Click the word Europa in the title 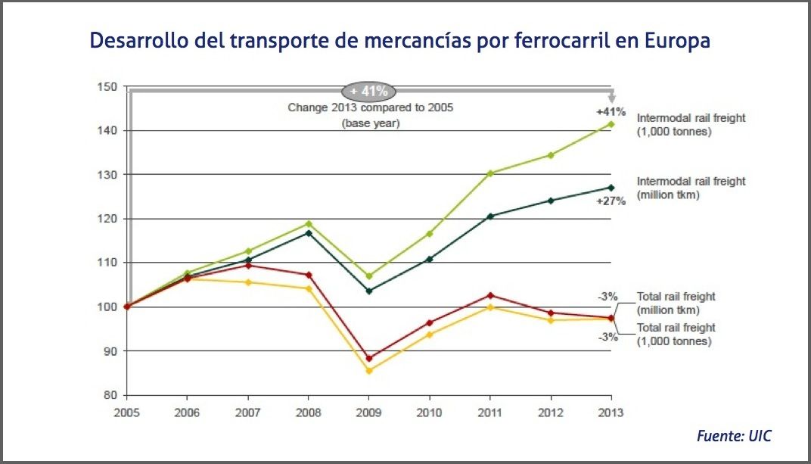676,40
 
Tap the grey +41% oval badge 368,92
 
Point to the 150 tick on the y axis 108,87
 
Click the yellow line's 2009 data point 368,371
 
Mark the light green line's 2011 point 490,173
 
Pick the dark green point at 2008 308,232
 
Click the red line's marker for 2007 247,265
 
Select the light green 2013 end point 611,124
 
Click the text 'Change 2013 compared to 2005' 370,108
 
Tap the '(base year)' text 370,123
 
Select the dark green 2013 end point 611,188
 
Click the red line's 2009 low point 368,358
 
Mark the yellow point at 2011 490,307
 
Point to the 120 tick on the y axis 108,219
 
